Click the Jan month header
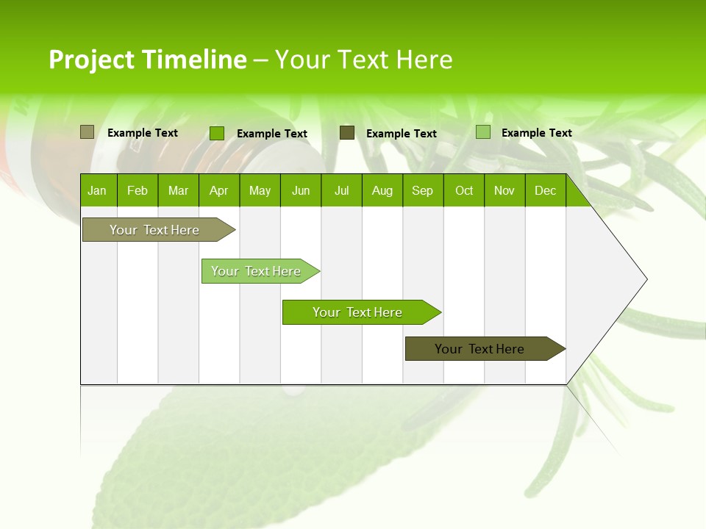[97, 190]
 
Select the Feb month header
[138, 190]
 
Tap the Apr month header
[218, 190]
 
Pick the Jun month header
[301, 190]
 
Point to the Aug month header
[382, 190]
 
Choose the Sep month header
[422, 190]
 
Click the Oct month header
[464, 190]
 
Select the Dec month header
[545, 190]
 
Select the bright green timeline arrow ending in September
[358, 312]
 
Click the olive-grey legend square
[87, 132]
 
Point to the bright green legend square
[216, 133]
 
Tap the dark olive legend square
[347, 133]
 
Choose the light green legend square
[482, 132]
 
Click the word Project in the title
[91, 60]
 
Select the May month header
[260, 190]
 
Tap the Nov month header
[504, 190]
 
